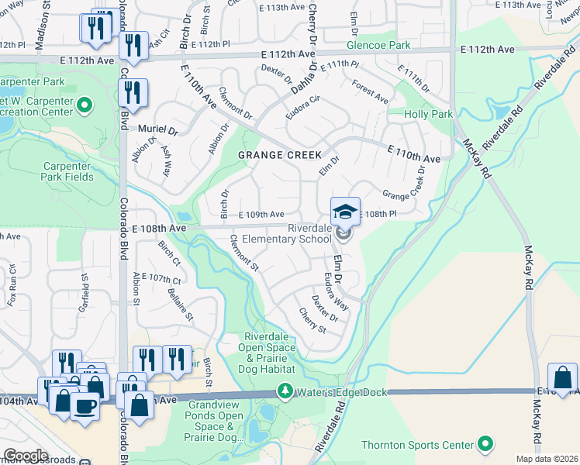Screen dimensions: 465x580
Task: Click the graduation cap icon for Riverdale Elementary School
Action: click(x=345, y=211)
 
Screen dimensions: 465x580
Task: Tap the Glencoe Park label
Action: click(x=378, y=46)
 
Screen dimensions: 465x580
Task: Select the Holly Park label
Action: click(x=428, y=114)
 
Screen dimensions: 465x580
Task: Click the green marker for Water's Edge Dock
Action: click(x=287, y=392)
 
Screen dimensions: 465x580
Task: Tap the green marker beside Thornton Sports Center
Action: click(x=485, y=444)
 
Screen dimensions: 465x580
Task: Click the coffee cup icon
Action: click(x=85, y=405)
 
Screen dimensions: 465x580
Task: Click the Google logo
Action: click(x=26, y=456)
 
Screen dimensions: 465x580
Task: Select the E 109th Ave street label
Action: click(x=261, y=215)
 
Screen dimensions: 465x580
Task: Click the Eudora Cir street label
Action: click(x=303, y=103)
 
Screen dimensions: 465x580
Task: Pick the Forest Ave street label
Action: click(x=370, y=92)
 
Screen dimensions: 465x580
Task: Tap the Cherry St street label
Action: click(x=312, y=320)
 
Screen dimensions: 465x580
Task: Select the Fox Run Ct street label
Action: click(x=12, y=288)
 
